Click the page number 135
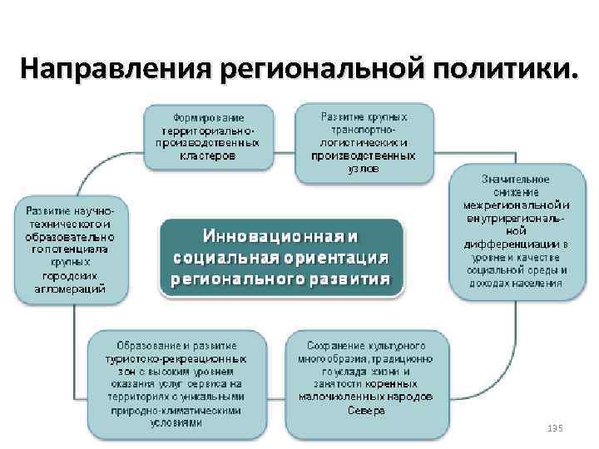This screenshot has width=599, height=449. [556, 427]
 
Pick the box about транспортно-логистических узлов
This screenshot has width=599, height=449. [364, 142]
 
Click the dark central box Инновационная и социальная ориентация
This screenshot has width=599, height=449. [280, 256]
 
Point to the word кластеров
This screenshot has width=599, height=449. [208, 154]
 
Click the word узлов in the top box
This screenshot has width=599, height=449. [364, 167]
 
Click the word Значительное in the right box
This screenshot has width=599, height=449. [515, 178]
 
